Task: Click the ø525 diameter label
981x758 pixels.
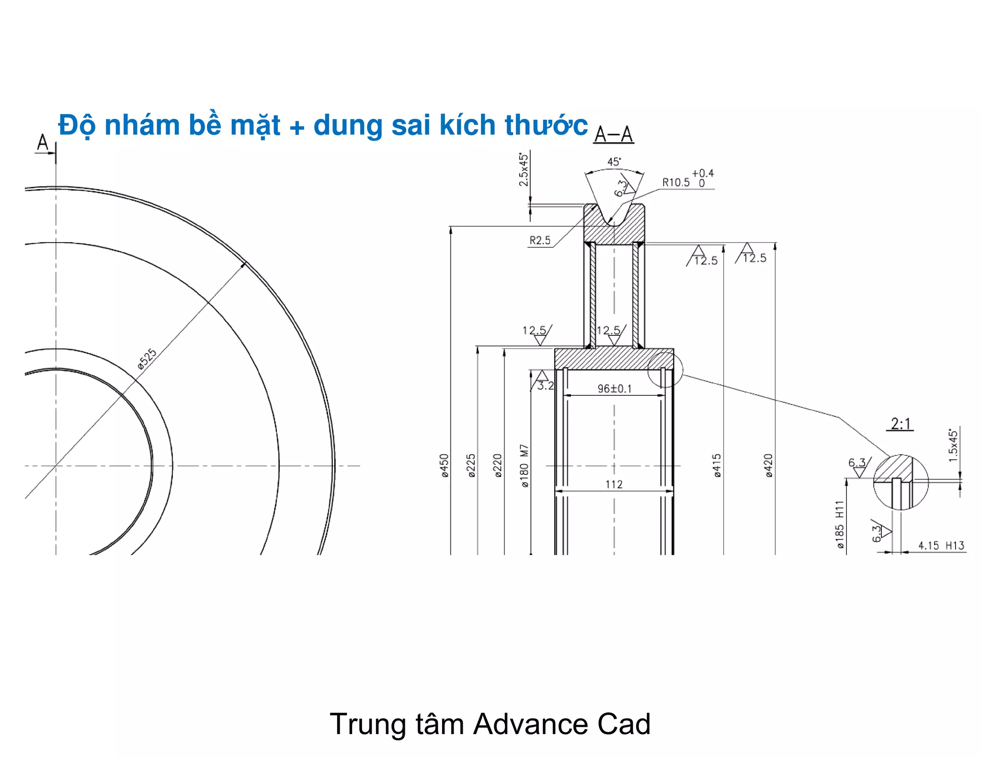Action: [147, 359]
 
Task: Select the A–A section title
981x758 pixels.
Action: [614, 135]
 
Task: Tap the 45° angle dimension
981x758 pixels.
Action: [614, 162]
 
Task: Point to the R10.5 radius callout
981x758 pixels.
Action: [676, 183]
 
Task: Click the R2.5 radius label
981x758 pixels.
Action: [540, 241]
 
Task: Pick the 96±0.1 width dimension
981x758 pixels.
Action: [615, 389]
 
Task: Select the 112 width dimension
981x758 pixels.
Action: [614, 484]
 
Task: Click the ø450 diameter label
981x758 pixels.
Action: [445, 465]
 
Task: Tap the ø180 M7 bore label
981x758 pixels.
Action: [525, 466]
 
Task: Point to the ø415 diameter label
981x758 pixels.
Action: [717, 465]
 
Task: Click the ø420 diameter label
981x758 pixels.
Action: [769, 465]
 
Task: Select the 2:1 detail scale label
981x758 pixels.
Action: [900, 424]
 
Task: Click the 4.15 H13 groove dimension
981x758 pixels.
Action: [941, 546]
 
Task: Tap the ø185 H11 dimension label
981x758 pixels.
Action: [839, 524]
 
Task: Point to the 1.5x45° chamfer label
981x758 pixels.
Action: [953, 445]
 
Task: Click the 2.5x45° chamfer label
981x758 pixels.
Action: [524, 170]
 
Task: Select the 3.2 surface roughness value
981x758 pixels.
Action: [546, 386]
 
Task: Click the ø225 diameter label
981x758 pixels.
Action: [471, 465]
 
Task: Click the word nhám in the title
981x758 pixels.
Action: [142, 125]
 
